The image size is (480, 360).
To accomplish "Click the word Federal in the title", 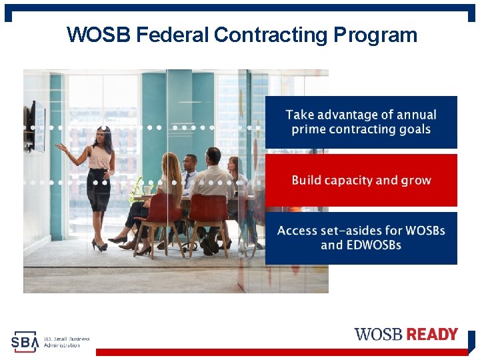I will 173,35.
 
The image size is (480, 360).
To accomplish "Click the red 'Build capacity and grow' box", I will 361,180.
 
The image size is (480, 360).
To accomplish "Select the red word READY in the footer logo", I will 432,334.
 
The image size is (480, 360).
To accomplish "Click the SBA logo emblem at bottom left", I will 25,341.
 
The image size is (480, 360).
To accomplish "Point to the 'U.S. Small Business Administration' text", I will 66,341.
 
